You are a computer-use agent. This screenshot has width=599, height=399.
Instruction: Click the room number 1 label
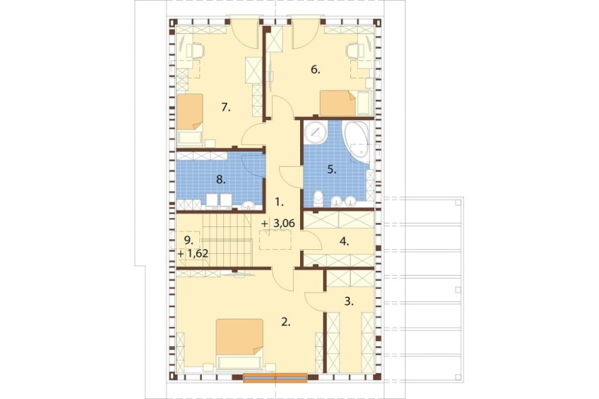tap(280, 202)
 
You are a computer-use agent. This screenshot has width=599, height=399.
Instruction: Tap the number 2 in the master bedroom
tap(285, 322)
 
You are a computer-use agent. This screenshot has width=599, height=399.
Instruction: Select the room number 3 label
tap(349, 301)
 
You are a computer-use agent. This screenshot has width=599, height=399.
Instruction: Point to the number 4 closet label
tap(344, 242)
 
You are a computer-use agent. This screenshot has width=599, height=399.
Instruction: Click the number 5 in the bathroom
tap(332, 170)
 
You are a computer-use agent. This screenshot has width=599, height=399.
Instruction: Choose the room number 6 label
tap(315, 70)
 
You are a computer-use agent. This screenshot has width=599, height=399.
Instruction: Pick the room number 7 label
tap(226, 108)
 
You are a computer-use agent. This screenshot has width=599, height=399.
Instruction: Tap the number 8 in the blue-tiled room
tap(220, 180)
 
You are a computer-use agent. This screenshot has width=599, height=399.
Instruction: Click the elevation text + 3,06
tap(279, 223)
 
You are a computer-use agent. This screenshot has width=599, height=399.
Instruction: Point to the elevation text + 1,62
tap(193, 253)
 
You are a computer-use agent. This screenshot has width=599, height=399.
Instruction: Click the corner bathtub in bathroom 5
tap(357, 141)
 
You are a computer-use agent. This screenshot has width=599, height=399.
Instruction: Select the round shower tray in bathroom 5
tap(316, 132)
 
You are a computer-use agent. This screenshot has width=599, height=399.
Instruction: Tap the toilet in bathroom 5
tap(318, 199)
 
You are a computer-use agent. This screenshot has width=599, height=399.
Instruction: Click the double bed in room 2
tap(240, 344)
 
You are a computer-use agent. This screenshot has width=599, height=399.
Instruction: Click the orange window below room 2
tap(275, 377)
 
